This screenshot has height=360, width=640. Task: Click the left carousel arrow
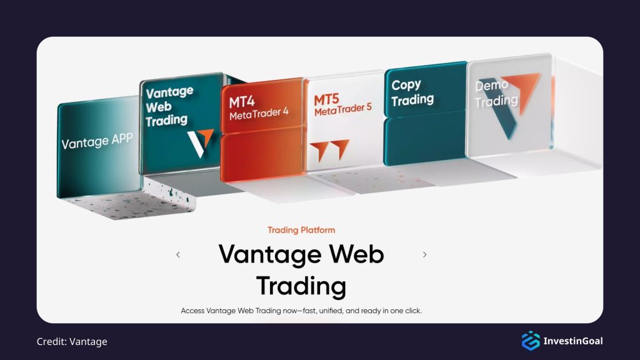click(x=178, y=254)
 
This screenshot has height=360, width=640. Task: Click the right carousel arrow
click(x=425, y=254)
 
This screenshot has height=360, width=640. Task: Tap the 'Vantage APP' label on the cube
click(x=97, y=142)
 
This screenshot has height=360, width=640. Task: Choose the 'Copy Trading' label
click(x=412, y=92)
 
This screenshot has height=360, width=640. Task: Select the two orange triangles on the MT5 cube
click(x=331, y=150)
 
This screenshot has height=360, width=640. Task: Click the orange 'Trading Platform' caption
click(x=301, y=230)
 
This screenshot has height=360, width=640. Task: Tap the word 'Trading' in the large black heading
click(x=301, y=286)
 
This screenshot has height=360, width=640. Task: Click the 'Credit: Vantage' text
click(x=72, y=341)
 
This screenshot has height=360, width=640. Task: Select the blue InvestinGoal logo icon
click(x=530, y=341)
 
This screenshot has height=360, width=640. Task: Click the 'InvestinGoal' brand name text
click(x=573, y=341)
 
